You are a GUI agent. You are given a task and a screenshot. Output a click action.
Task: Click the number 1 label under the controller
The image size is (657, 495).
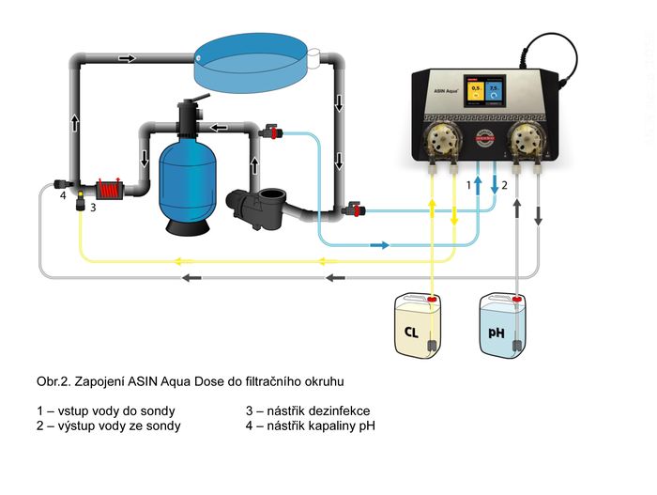tap(469, 187)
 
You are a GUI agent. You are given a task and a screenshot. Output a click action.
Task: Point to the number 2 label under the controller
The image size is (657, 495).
tap(504, 186)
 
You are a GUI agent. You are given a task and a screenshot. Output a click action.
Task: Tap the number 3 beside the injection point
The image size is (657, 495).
tap(94, 207)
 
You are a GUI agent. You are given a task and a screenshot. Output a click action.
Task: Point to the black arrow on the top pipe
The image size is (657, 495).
tap(126, 58)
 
